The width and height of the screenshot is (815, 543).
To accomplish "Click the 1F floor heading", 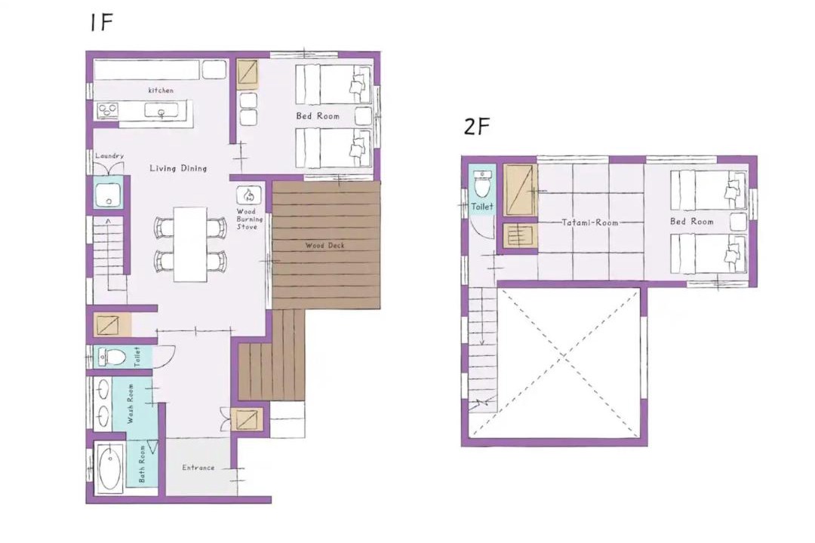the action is click(101, 23).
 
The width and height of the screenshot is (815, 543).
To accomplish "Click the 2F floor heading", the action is click(477, 126).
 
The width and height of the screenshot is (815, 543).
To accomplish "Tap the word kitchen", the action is click(161, 90).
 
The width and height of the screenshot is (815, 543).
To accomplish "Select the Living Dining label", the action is click(178, 168).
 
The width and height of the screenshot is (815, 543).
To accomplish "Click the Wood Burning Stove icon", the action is click(248, 195).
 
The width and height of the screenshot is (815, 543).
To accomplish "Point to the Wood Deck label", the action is click(324, 245).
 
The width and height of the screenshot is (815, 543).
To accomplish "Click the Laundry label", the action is click(109, 155).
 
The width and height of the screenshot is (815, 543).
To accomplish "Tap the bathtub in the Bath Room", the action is click(109, 469).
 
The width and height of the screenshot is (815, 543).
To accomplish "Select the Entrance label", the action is click(198, 468).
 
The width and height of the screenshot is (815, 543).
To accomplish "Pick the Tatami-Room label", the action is click(590, 222).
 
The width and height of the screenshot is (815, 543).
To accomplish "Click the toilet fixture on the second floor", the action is click(481, 185).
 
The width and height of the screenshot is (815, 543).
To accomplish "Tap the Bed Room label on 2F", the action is click(692, 222).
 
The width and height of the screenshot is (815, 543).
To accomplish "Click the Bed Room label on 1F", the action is click(318, 116).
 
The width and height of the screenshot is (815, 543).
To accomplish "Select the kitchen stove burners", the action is click(108, 110).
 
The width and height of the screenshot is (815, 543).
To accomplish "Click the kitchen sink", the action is click(161, 111).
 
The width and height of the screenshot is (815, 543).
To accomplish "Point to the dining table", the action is click(190, 244).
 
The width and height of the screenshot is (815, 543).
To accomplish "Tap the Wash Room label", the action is click(131, 403).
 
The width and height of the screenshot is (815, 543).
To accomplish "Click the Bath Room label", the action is click(142, 464).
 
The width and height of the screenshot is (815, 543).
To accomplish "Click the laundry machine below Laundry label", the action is click(108, 193).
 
